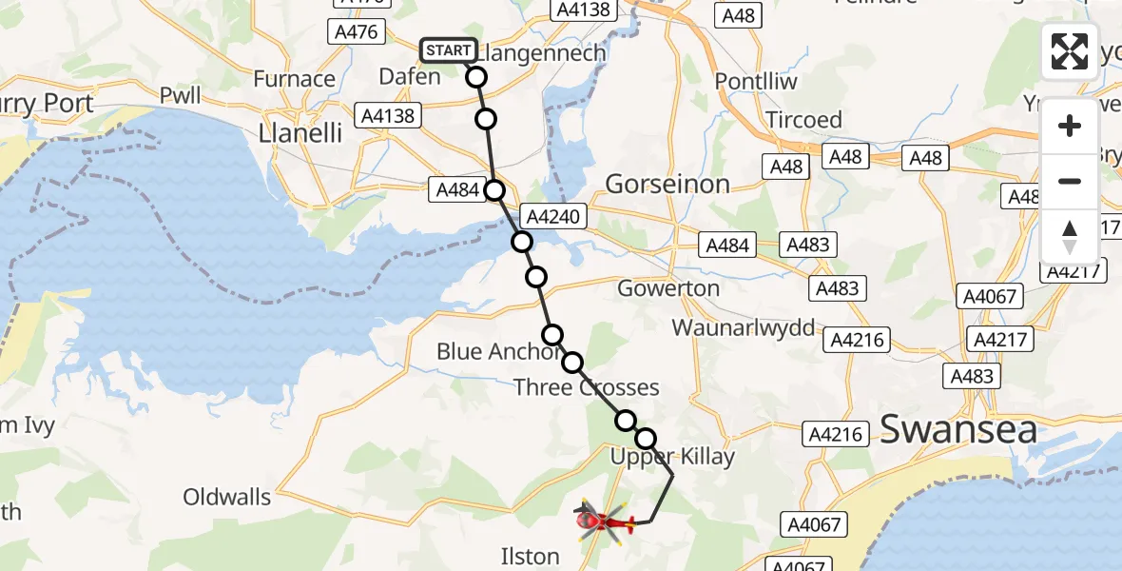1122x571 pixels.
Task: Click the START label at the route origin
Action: point(447,50)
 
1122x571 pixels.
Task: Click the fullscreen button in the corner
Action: point(1070,51)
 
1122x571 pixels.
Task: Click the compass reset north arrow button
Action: point(1070,236)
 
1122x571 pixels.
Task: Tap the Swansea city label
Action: point(958,429)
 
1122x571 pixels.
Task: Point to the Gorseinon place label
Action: point(667,184)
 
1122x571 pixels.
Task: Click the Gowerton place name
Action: point(668,287)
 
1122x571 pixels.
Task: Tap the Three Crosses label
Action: point(587,387)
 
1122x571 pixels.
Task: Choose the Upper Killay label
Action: point(672,457)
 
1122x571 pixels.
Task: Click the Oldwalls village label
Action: point(227,497)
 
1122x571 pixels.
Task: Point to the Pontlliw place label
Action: point(756,80)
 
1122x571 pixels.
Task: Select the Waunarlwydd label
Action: point(744,328)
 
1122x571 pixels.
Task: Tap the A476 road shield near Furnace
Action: point(357,32)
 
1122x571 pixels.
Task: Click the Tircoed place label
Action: point(804,120)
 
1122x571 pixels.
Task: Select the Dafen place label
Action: point(410,76)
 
